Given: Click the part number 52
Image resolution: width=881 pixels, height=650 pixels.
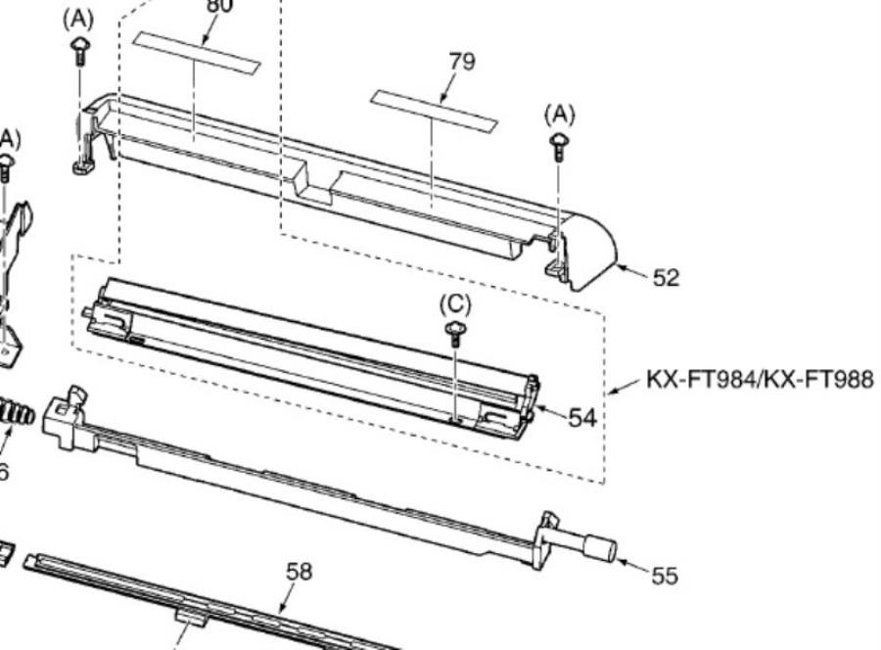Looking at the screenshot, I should (x=666, y=278).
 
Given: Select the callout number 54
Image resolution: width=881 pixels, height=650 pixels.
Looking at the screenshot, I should (x=582, y=418).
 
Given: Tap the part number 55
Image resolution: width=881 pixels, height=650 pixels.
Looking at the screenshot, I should (x=664, y=577).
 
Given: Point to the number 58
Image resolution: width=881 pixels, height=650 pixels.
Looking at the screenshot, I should (x=299, y=571).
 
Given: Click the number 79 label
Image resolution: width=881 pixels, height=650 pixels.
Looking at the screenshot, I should (x=461, y=62).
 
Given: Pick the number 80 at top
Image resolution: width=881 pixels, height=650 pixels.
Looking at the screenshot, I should (x=220, y=6).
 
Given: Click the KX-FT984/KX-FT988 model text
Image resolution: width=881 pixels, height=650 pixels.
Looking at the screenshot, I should (x=760, y=379).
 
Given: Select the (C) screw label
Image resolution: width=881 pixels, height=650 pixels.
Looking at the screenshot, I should (x=455, y=304).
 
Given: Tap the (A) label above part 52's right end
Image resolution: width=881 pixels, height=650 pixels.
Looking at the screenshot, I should (x=559, y=116).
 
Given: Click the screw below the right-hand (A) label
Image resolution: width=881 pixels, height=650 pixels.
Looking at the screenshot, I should (x=559, y=147).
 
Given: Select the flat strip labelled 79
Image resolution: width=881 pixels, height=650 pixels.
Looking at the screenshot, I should (x=433, y=111).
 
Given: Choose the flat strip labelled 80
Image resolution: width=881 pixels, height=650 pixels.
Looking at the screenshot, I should (x=198, y=53).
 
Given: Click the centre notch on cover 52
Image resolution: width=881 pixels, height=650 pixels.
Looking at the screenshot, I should (x=313, y=183).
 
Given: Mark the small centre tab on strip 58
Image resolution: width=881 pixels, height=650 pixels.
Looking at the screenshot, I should (x=189, y=616).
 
